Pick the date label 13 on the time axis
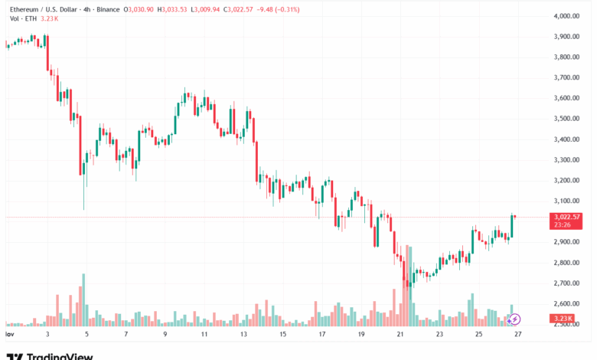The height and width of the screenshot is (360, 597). [x=243, y=335]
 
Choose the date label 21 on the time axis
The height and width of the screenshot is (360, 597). [x=400, y=335]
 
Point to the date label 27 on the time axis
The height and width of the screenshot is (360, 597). [x=517, y=335]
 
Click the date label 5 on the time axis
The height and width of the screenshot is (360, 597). [x=86, y=335]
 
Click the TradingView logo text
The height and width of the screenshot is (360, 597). [x=60, y=356]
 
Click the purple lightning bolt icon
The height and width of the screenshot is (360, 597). [x=515, y=319]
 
